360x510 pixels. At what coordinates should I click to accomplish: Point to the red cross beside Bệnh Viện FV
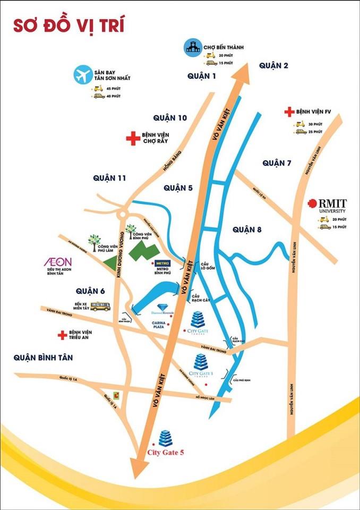point(289,112)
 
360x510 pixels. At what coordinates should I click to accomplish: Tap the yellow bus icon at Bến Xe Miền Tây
point(100,306)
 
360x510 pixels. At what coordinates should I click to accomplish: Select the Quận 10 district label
point(170,117)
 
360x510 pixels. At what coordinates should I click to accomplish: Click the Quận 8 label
point(248,230)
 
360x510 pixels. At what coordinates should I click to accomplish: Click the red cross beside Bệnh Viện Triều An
point(63,335)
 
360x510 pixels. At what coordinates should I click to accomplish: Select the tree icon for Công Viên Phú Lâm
point(95,242)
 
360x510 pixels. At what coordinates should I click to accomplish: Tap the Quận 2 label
point(273,65)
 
